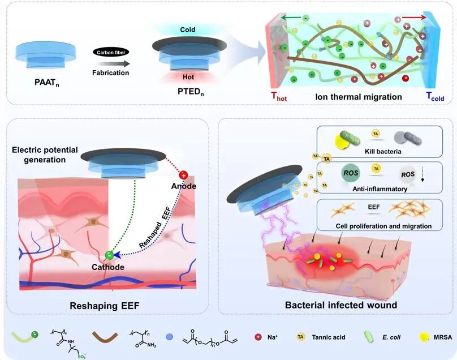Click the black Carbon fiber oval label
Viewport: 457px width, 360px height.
(x=111, y=52)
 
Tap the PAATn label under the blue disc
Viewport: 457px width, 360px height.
(x=46, y=83)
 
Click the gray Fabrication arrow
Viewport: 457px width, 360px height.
(x=113, y=64)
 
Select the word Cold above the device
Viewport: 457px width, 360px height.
(x=187, y=30)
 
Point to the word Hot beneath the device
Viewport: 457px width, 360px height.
(x=188, y=77)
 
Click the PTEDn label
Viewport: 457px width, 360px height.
(x=191, y=92)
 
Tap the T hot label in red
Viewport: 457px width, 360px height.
(x=279, y=96)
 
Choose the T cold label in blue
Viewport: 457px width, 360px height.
(x=435, y=96)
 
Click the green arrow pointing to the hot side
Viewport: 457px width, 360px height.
(x=291, y=18)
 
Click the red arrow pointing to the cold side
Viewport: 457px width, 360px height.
(x=414, y=18)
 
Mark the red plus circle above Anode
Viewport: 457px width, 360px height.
(x=183, y=175)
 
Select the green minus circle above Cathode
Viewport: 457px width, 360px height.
(x=109, y=255)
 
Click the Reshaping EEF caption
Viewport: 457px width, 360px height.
(x=104, y=306)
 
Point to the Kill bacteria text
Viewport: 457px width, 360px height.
(x=383, y=151)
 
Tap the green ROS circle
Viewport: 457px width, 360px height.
(x=350, y=173)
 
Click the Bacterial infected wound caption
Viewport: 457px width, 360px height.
(x=341, y=305)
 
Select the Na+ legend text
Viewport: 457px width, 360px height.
(x=273, y=337)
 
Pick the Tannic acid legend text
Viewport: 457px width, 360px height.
(x=329, y=337)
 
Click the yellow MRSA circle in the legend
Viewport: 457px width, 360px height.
(x=424, y=337)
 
